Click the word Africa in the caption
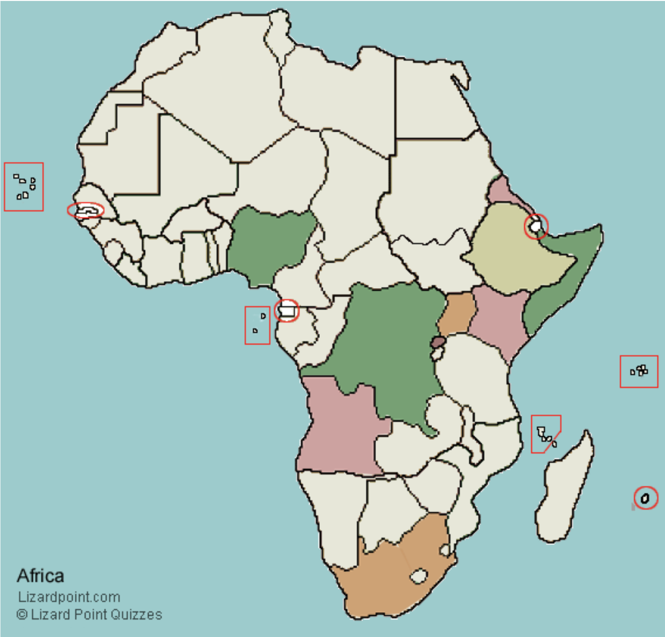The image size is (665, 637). pyautogui.click(x=40, y=575)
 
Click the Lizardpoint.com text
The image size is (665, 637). pyautogui.click(x=69, y=597)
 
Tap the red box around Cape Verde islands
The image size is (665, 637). pyautogui.click(x=24, y=186)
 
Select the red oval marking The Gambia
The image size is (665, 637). pyautogui.click(x=86, y=210)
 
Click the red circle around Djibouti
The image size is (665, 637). pyautogui.click(x=536, y=226)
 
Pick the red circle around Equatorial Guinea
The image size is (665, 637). pyautogui.click(x=287, y=311)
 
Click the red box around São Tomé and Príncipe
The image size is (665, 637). pyautogui.click(x=257, y=325)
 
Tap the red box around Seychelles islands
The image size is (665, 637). pyautogui.click(x=639, y=371)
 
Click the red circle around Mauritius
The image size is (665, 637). pyautogui.click(x=645, y=497)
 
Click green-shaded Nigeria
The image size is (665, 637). pyautogui.click(x=268, y=243)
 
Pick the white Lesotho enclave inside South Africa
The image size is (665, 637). pyautogui.click(x=419, y=576)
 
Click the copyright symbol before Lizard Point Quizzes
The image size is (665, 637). pyautogui.click(x=22, y=615)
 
